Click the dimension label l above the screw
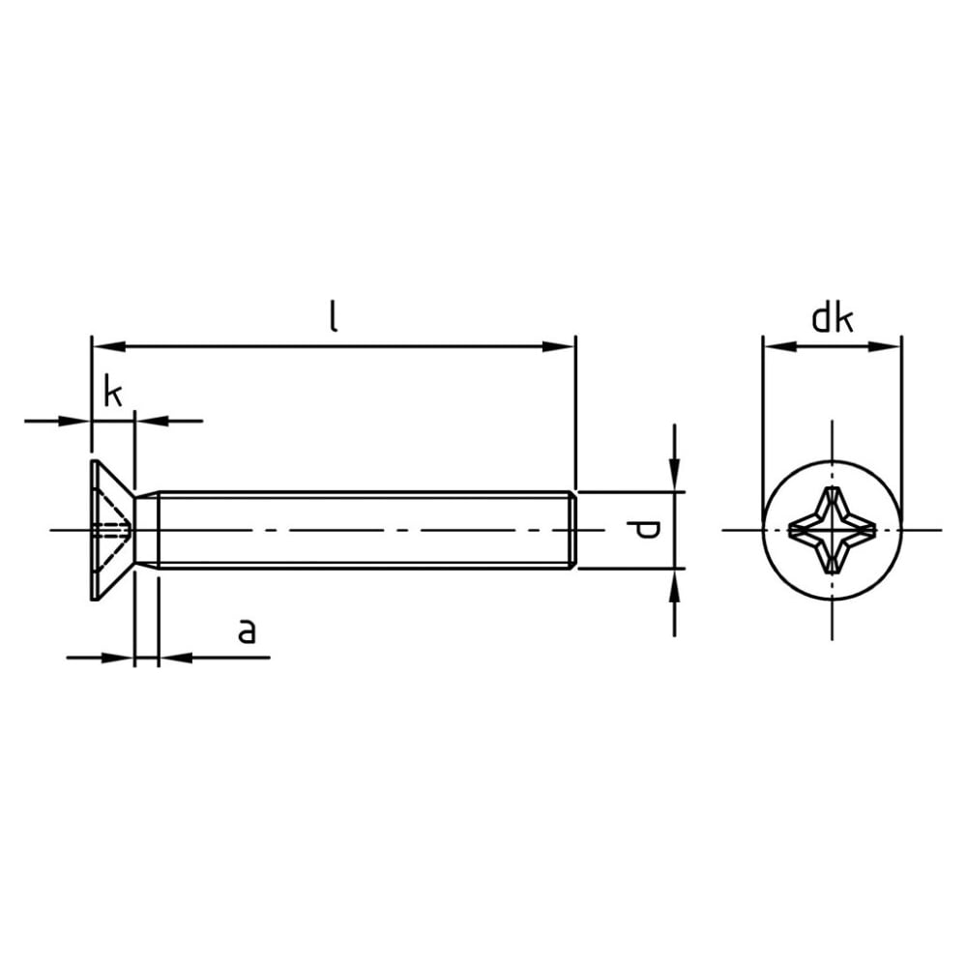[334, 317]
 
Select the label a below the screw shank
[247, 631]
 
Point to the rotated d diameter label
[643, 530]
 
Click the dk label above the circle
[833, 319]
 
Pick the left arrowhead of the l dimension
[109, 346]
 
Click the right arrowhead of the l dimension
[558, 346]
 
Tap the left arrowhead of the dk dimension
[780, 346]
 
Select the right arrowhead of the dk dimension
[885, 346]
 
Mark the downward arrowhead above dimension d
[675, 476]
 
